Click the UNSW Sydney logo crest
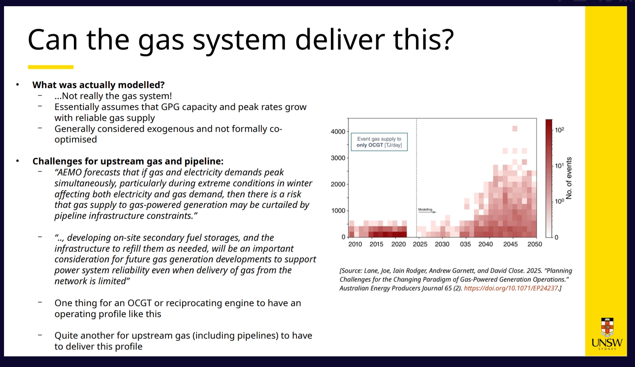coord(607,327)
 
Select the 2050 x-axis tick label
coord(534,244)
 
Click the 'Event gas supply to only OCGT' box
coord(379,142)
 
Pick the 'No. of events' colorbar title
coord(569,178)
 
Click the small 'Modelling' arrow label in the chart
coord(425,210)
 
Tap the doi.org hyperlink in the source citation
coord(511,288)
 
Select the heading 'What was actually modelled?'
coord(98,85)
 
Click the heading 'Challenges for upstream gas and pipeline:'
coord(128,161)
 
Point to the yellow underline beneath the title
coord(51,67)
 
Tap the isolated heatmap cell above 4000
coord(515,128)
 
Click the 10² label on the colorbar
coord(559,130)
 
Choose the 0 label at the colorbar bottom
coord(556,237)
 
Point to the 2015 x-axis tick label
coord(376,244)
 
